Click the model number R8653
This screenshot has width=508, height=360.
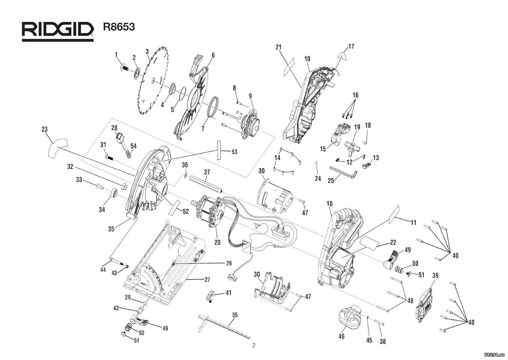(119, 27)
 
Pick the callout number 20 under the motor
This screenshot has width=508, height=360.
(217, 242)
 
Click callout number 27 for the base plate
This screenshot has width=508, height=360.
(207, 279)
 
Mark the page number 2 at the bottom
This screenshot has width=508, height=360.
(253, 345)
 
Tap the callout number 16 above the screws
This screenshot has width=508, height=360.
(355, 95)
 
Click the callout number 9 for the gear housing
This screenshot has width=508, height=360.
(250, 96)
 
